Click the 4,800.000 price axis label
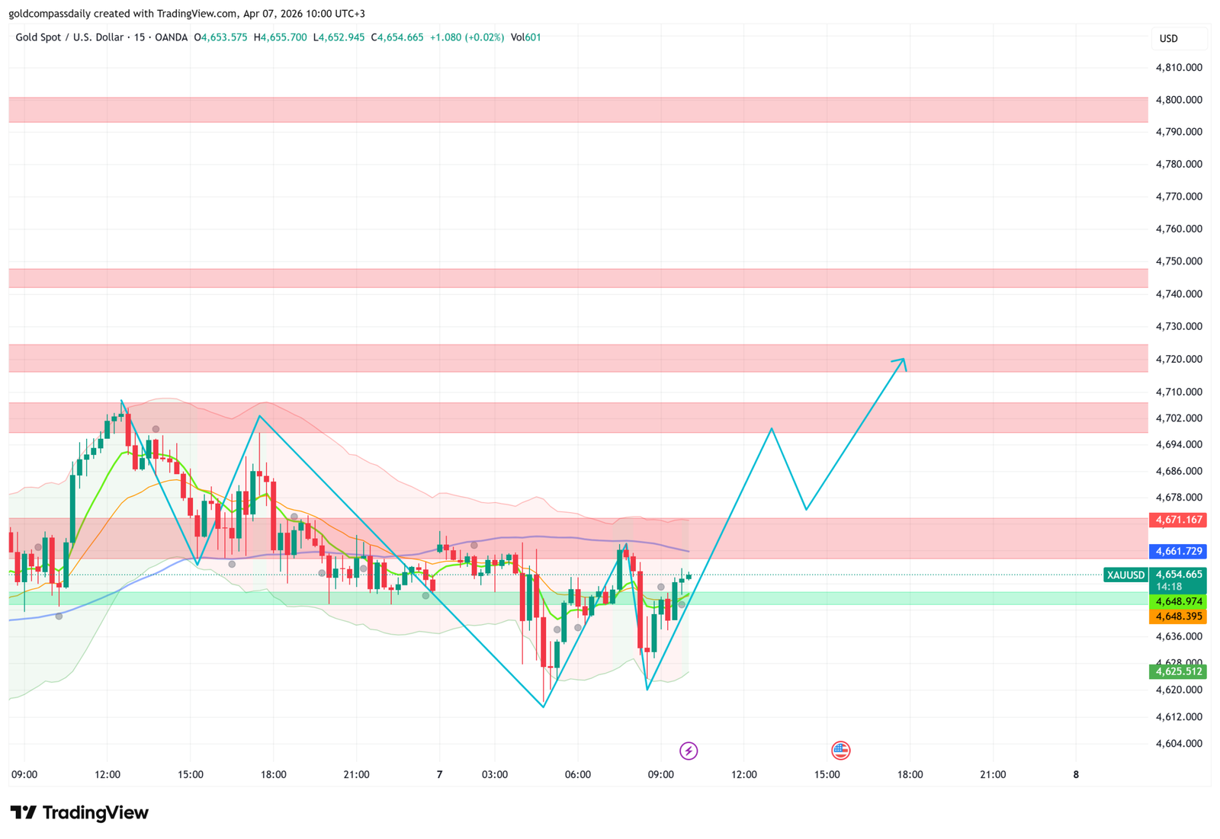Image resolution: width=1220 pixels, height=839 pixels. (x=1179, y=100)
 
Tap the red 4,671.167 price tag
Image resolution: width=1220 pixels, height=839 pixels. (x=1178, y=520)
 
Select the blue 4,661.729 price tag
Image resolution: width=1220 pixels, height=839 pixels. (x=1178, y=551)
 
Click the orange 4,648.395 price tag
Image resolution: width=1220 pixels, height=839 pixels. (x=1178, y=616)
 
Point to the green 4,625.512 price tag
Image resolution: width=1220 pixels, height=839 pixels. (x=1178, y=671)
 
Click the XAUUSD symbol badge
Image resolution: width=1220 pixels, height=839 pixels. (x=1125, y=575)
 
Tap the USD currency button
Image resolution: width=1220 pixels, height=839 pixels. (x=1168, y=38)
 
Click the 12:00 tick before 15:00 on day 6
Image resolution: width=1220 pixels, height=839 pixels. (x=108, y=774)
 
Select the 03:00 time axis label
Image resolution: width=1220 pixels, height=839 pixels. (x=495, y=774)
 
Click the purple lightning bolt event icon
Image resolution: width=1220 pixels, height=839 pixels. (x=689, y=751)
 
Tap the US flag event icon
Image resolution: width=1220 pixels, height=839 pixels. (x=840, y=751)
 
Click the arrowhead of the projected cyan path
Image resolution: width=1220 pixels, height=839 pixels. (x=903, y=360)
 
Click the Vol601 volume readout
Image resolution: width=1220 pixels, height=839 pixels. (x=525, y=37)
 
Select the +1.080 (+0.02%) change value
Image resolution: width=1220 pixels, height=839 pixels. (x=467, y=37)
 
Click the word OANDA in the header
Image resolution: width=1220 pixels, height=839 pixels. (x=171, y=37)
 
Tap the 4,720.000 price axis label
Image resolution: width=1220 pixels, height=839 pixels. (x=1179, y=359)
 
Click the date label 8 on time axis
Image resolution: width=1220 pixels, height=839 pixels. (x=1076, y=774)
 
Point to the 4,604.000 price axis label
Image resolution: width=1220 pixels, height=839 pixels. (x=1179, y=743)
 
